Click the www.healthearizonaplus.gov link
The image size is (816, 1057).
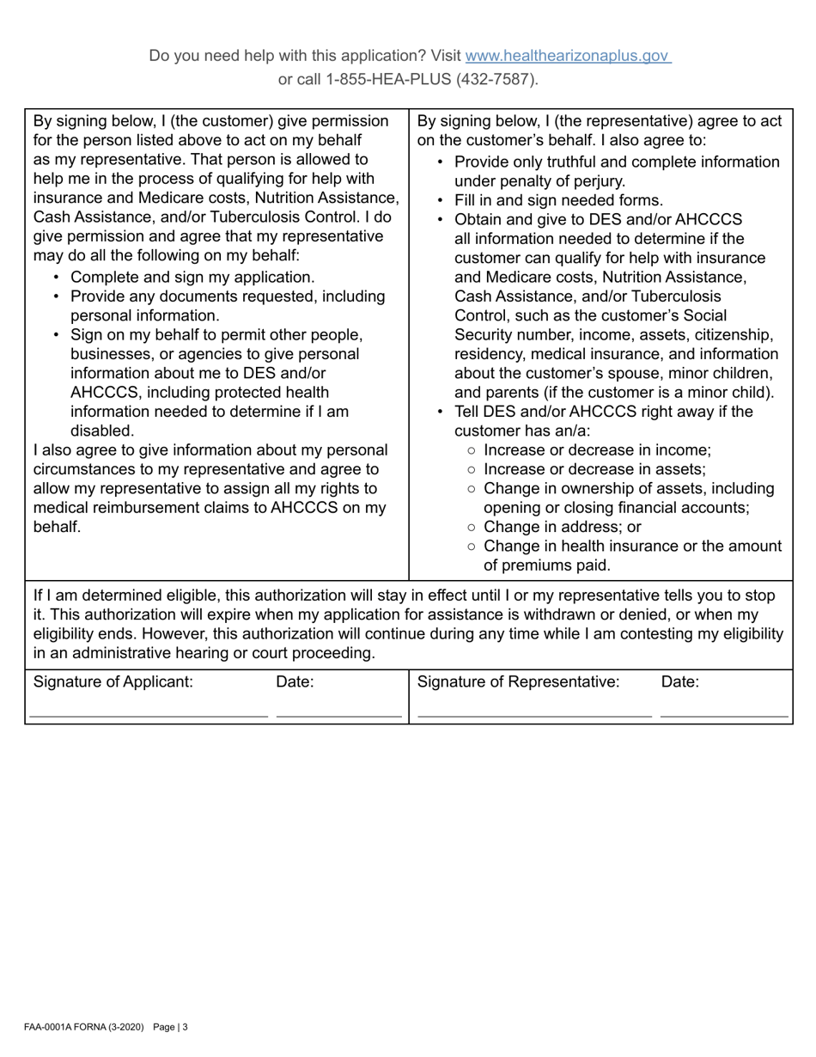coord(567,56)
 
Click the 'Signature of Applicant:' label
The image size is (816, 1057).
coord(113,682)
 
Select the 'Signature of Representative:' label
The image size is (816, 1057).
coord(518,682)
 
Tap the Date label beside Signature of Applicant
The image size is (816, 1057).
coord(295,682)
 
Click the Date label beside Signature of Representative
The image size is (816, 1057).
coord(680,682)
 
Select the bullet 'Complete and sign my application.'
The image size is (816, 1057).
coord(192,278)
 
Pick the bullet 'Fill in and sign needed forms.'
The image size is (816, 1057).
coord(558,201)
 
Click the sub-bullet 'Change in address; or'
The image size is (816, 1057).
coord(562,527)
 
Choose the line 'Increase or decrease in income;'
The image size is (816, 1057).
coord(597,450)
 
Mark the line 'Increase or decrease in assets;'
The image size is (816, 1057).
coord(594,469)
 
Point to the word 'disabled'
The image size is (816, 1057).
coord(102,431)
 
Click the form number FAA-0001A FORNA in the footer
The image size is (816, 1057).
coord(65,1027)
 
